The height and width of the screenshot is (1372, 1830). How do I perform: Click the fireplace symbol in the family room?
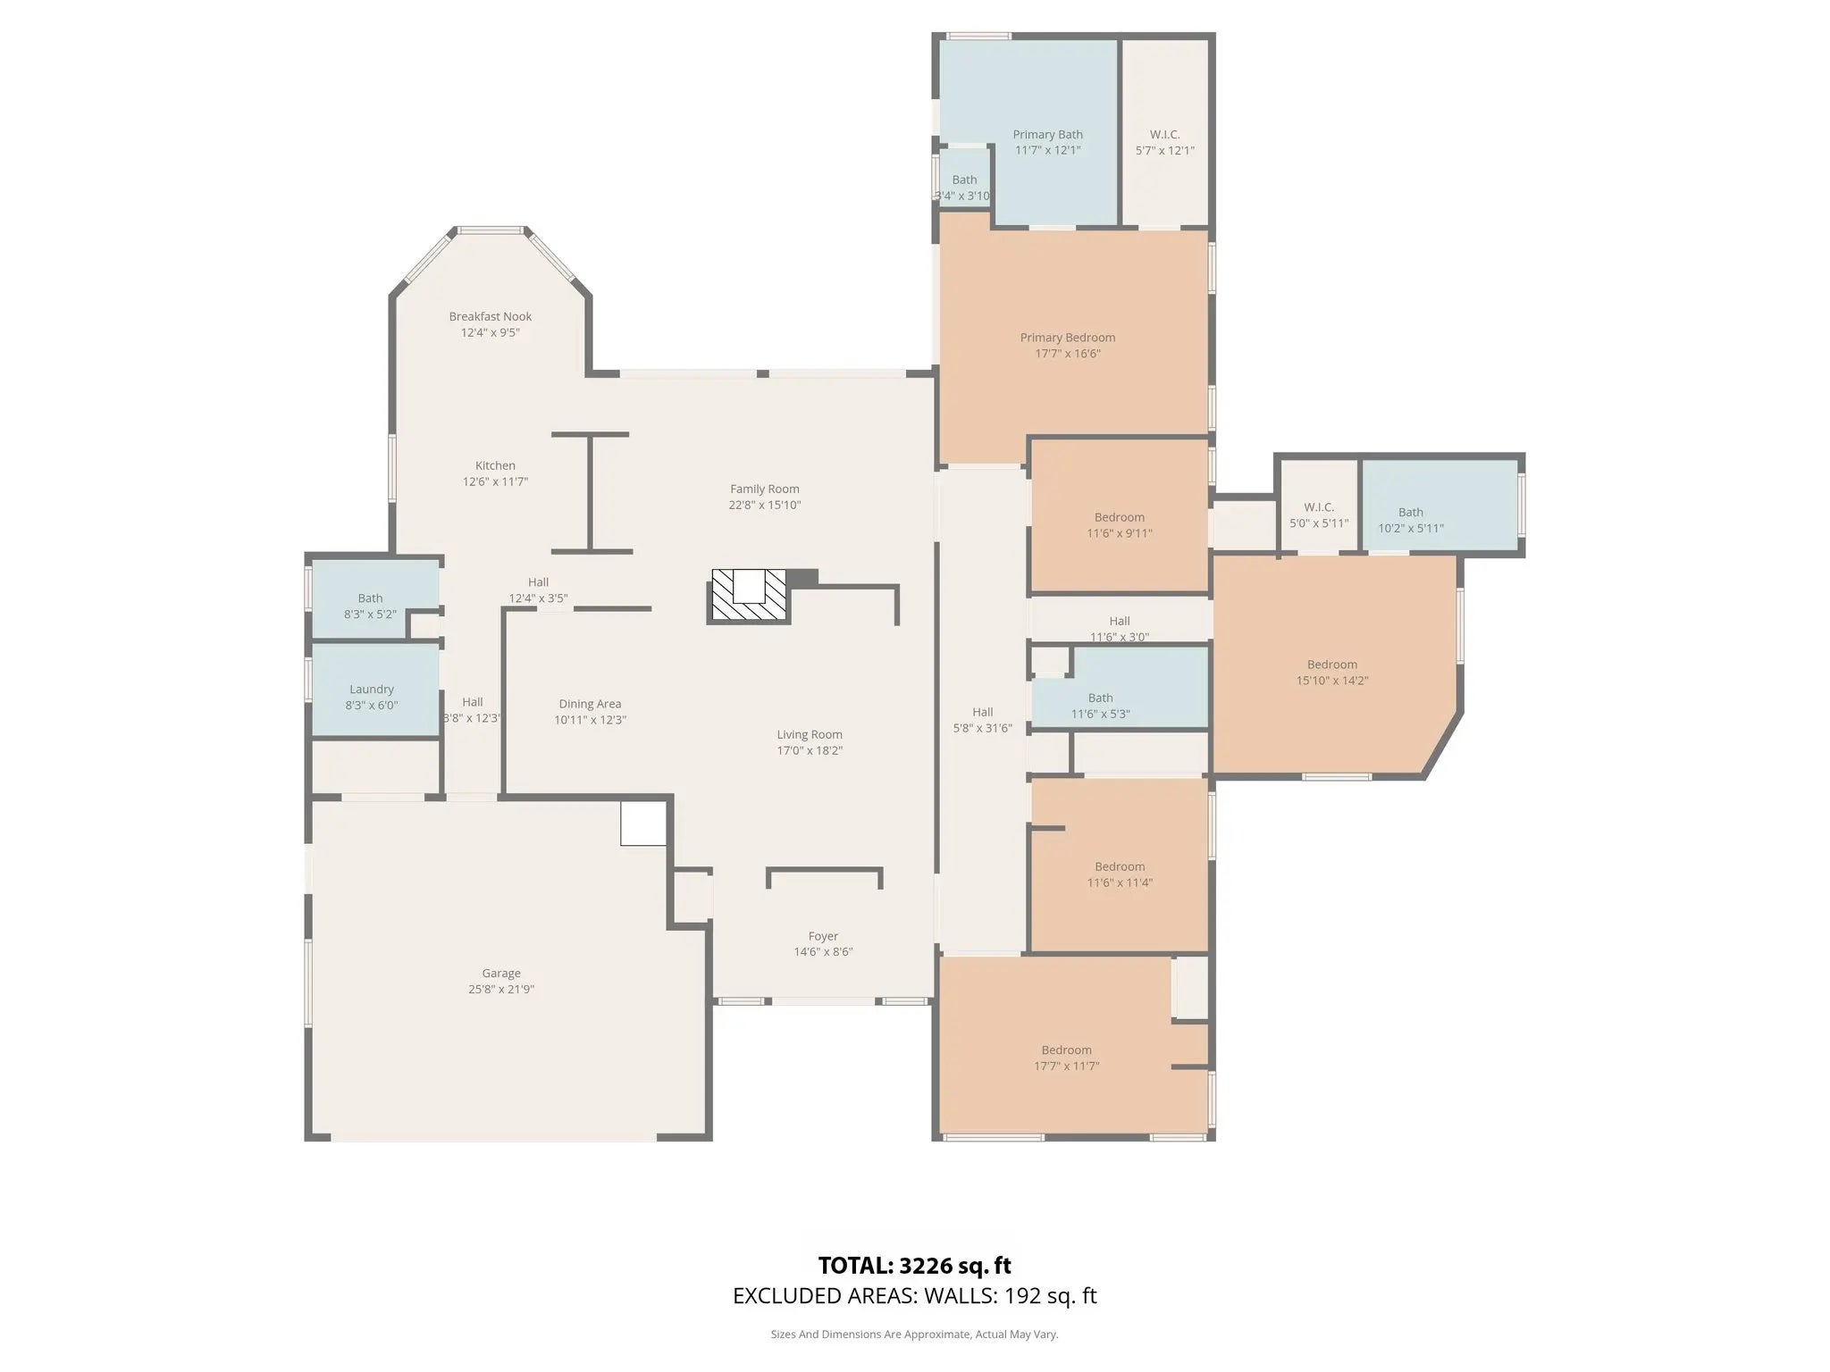pyautogui.click(x=749, y=596)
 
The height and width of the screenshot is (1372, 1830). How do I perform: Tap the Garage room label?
pyautogui.click(x=501, y=973)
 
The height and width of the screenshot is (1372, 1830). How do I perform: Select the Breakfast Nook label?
pyautogui.click(x=491, y=316)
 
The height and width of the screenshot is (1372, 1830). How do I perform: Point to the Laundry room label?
pyautogui.click(x=372, y=689)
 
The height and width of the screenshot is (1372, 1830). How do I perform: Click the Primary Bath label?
pyautogui.click(x=1048, y=134)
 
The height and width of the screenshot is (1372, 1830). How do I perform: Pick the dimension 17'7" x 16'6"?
pyautogui.click(x=1068, y=354)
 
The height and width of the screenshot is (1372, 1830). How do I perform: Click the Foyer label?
pyautogui.click(x=823, y=936)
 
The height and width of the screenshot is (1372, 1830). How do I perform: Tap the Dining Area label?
pyautogui.click(x=590, y=704)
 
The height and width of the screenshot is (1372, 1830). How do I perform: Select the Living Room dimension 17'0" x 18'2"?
pyautogui.click(x=810, y=750)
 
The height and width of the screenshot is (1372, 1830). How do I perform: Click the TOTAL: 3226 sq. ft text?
pyautogui.click(x=915, y=1266)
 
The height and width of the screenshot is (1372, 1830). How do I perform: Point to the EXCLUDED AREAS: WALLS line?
pyautogui.click(x=915, y=1296)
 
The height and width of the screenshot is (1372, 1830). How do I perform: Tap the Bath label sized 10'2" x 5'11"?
pyautogui.click(x=1411, y=512)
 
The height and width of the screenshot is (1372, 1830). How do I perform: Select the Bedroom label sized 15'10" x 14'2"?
pyautogui.click(x=1332, y=664)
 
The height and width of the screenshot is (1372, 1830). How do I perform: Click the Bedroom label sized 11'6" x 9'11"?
pyautogui.click(x=1120, y=517)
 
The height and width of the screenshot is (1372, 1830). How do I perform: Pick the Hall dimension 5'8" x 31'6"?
pyautogui.click(x=983, y=728)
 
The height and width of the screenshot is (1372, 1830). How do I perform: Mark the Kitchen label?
pyautogui.click(x=495, y=465)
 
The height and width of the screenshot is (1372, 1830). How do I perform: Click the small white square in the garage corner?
pyautogui.click(x=644, y=823)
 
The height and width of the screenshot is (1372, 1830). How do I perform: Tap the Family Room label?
pyautogui.click(x=765, y=489)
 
